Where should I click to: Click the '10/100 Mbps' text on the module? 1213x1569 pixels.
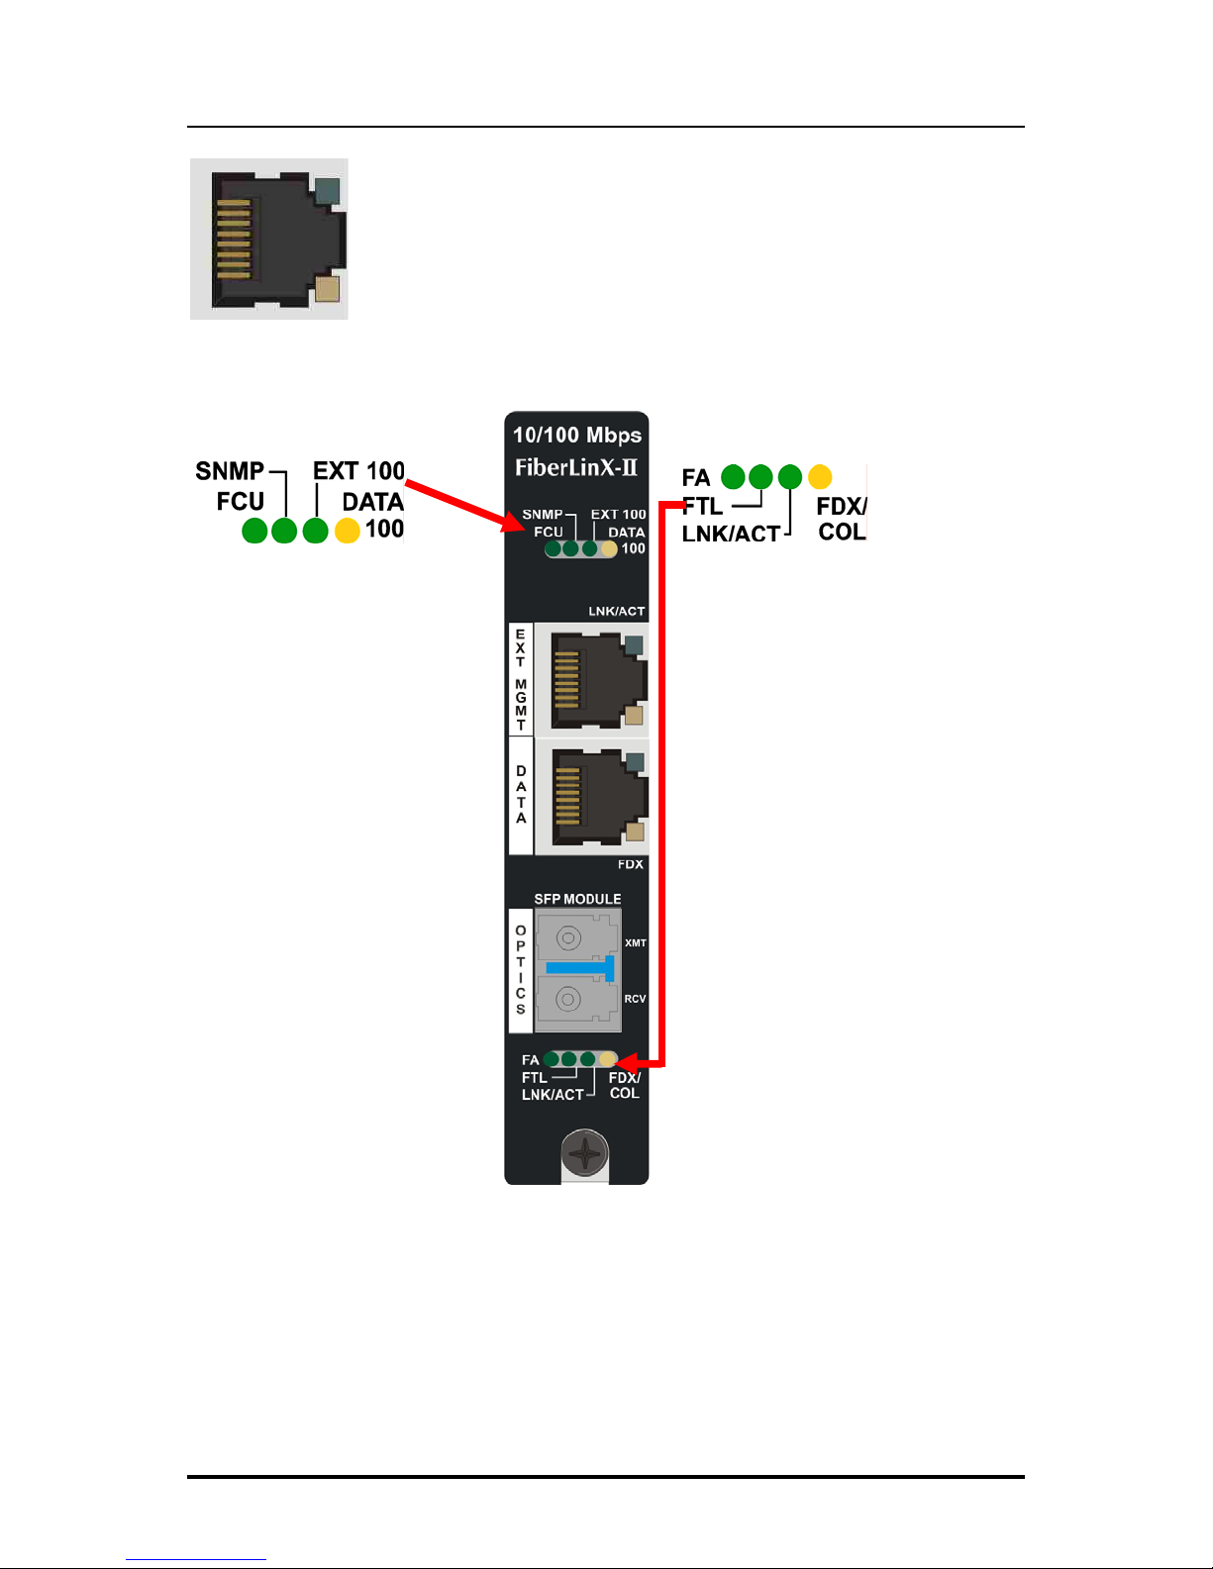click(x=577, y=436)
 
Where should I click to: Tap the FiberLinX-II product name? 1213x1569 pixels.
click(x=576, y=468)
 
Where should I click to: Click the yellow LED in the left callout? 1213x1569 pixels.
click(x=348, y=531)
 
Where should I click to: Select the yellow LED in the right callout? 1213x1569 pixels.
click(x=820, y=476)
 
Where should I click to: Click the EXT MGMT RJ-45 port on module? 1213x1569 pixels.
click(x=598, y=681)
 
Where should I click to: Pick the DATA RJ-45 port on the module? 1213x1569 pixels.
click(x=598, y=797)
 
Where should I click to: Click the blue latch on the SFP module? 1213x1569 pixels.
click(x=580, y=967)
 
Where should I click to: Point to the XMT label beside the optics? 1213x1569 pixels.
click(x=636, y=943)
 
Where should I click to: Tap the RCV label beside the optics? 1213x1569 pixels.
click(x=635, y=999)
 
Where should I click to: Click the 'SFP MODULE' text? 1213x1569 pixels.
click(x=577, y=899)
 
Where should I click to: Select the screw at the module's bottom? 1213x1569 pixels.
click(x=585, y=1153)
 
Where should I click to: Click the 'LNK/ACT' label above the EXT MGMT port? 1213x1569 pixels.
click(x=617, y=611)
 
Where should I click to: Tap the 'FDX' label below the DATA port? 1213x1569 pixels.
click(x=631, y=864)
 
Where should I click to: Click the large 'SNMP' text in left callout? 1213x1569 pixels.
click(x=230, y=471)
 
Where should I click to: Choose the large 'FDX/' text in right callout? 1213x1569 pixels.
click(x=841, y=506)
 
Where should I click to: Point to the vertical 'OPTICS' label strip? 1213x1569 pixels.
click(x=521, y=970)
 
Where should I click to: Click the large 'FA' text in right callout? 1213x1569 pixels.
click(x=696, y=478)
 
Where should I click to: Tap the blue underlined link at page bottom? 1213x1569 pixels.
click(x=196, y=1559)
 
